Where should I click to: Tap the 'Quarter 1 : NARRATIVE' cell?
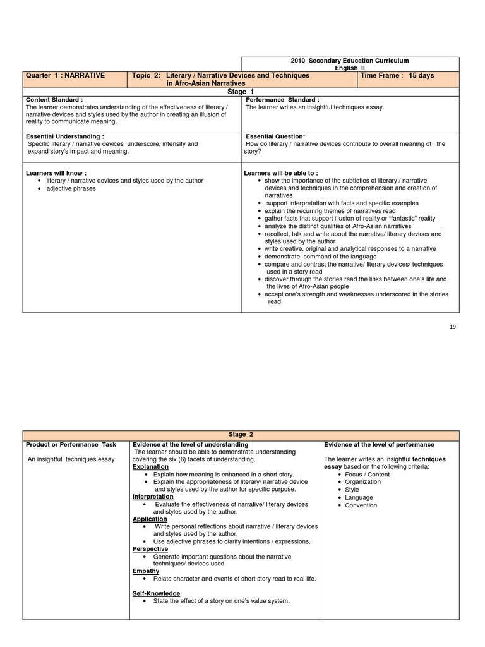(x=65, y=76)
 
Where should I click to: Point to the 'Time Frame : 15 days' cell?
(x=397, y=76)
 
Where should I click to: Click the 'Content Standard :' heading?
(x=54, y=100)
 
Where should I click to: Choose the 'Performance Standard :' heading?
(x=282, y=100)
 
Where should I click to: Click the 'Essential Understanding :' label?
(x=65, y=136)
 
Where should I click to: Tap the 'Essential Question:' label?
(x=275, y=136)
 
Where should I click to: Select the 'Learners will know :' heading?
(x=56, y=172)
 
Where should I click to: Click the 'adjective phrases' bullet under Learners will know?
(x=71, y=188)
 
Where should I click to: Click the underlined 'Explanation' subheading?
(x=150, y=467)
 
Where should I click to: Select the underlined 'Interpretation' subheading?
(x=153, y=497)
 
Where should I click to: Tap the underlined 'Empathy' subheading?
(x=146, y=571)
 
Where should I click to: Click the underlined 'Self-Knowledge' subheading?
(x=156, y=593)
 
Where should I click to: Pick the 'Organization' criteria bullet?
(x=363, y=481)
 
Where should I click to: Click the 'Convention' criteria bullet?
(x=361, y=505)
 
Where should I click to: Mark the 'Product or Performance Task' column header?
(x=71, y=445)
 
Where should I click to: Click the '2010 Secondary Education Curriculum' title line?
(x=350, y=61)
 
